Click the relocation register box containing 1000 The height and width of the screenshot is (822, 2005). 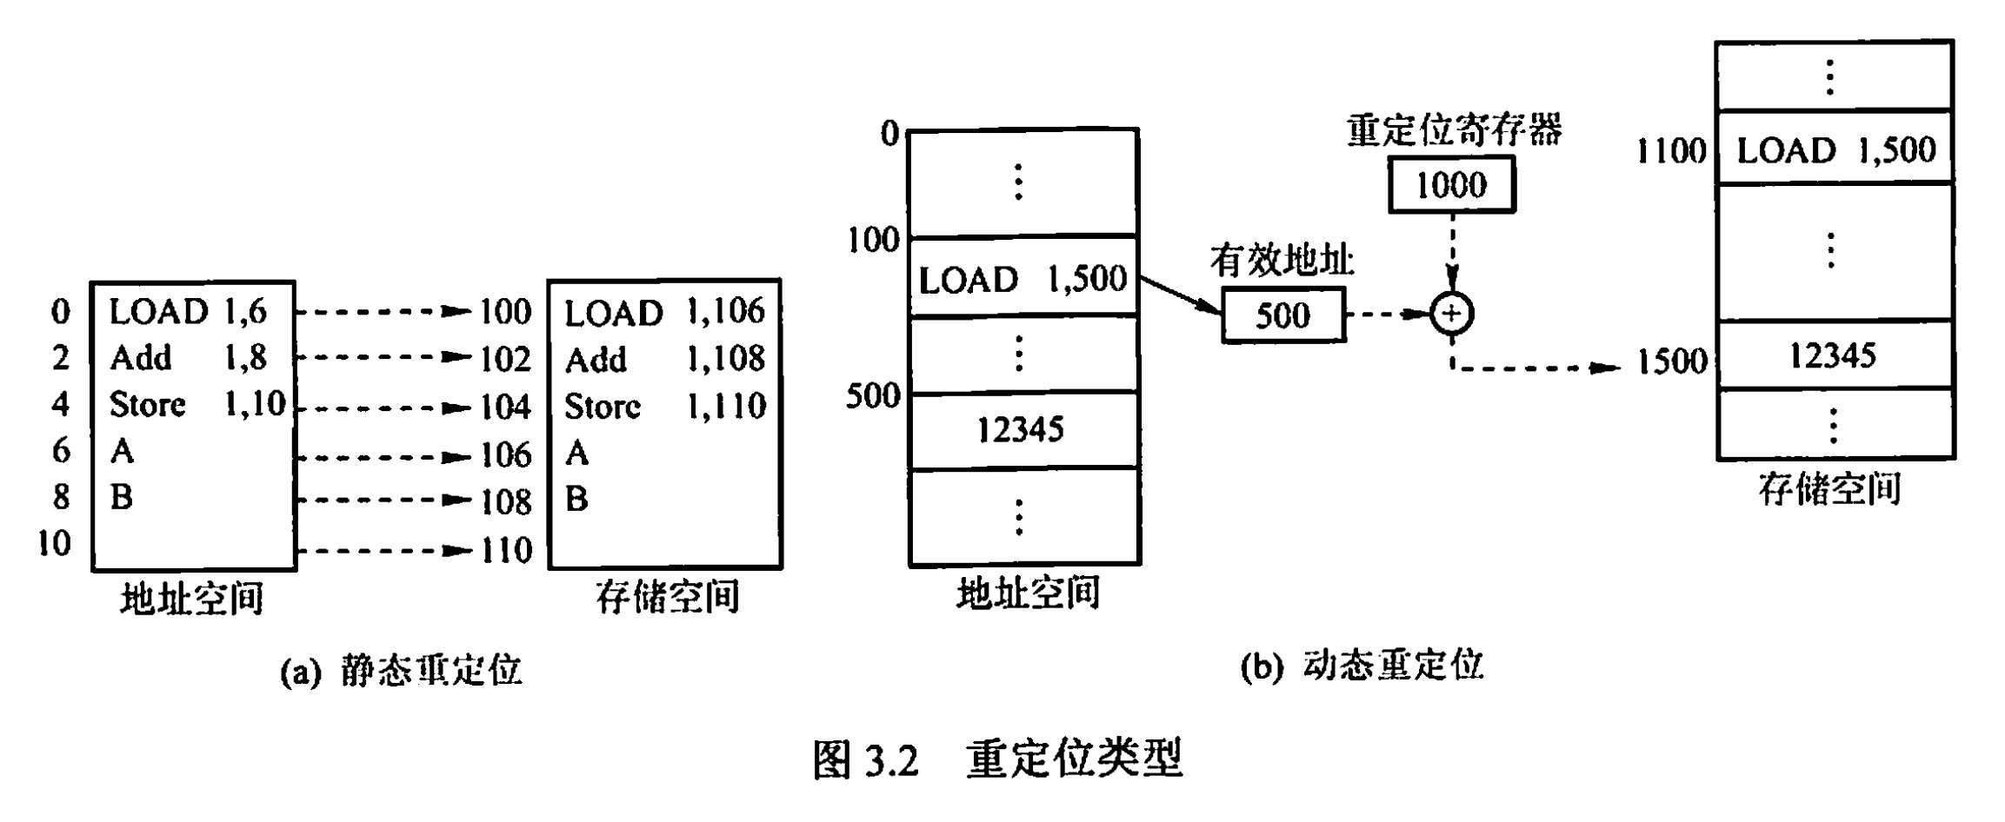tap(1451, 184)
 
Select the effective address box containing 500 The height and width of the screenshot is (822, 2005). tap(1282, 315)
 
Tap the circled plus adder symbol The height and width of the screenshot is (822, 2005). tap(1451, 314)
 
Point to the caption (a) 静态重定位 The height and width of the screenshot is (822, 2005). tap(401, 671)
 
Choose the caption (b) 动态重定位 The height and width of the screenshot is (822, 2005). tap(1362, 666)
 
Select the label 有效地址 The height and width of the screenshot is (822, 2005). tap(1282, 261)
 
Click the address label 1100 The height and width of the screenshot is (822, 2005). tap(1671, 151)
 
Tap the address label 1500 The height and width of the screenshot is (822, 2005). tap(1671, 361)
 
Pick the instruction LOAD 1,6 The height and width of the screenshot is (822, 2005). tap(188, 312)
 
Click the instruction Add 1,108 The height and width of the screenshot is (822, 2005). tap(665, 359)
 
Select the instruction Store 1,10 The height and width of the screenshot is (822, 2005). tap(197, 404)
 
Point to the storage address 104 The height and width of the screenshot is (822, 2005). tap(505, 407)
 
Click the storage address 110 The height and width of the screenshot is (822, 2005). tap(506, 550)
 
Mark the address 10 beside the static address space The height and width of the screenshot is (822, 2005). tap(54, 543)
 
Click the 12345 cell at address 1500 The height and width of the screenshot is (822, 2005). tap(1832, 355)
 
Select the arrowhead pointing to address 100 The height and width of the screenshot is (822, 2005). tap(458, 311)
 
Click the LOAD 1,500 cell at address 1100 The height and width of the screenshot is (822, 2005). tap(1835, 150)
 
